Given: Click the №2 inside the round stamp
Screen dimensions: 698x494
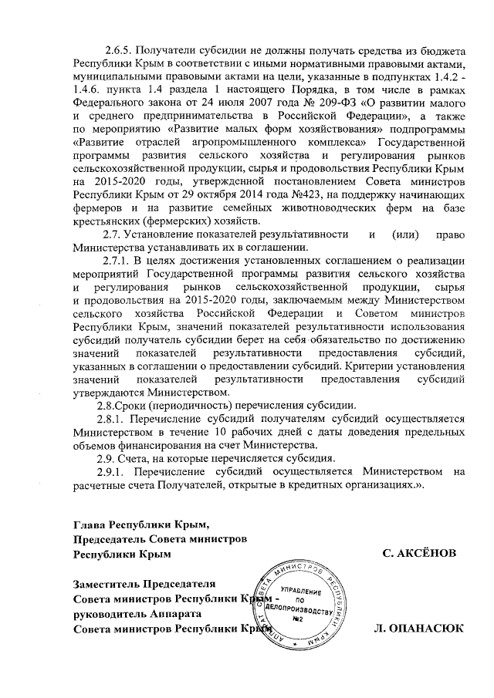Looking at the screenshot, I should pos(297,618).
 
